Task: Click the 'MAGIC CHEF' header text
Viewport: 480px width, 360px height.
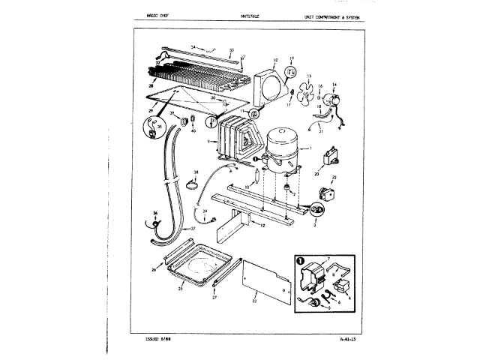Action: pyautogui.click(x=154, y=16)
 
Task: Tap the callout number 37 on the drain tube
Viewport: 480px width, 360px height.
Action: pyautogui.click(x=193, y=229)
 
